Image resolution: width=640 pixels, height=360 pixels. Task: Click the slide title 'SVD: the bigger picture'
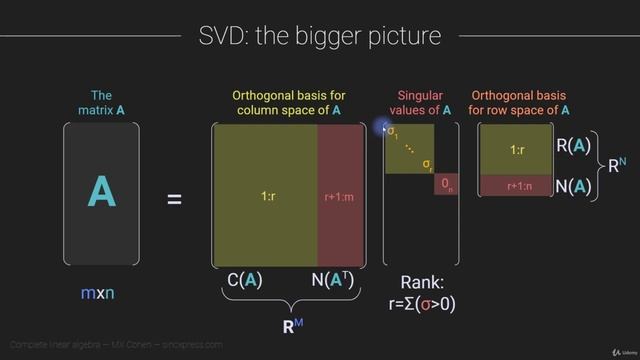coord(320,37)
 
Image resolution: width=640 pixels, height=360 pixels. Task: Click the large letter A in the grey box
coord(100,191)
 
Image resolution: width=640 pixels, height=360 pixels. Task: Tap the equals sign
coord(174,200)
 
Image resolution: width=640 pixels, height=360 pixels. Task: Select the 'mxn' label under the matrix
coord(100,293)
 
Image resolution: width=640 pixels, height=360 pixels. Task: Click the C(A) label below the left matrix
coord(244,281)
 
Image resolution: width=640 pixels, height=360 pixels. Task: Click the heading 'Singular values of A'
coord(418,103)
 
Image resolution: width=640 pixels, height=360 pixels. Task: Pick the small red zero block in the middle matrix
coord(446,186)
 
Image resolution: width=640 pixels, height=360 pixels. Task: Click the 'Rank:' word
coord(422,282)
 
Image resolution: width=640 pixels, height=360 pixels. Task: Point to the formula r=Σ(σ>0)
coord(421,304)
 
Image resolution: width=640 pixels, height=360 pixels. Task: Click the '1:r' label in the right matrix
coord(517,150)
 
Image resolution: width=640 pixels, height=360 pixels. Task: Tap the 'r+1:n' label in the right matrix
coord(517,186)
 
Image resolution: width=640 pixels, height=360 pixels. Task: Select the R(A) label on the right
coord(574,146)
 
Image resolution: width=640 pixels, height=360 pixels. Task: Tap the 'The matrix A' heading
coord(100,103)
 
